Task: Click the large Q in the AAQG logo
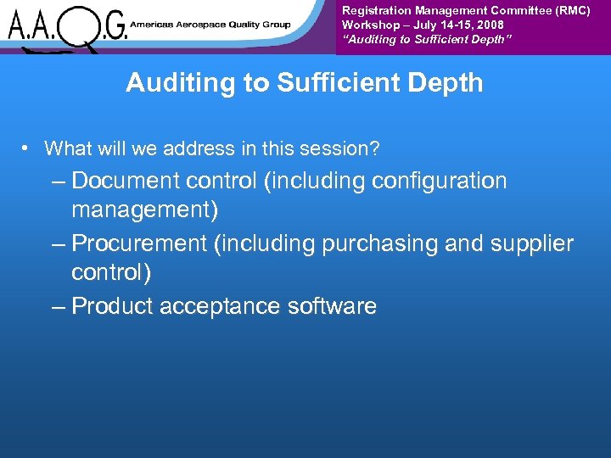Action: pyautogui.click(x=83, y=27)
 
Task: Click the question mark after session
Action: pyautogui.click(x=374, y=149)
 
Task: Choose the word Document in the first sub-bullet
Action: pyautogui.click(x=126, y=182)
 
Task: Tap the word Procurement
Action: pyautogui.click(x=139, y=244)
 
